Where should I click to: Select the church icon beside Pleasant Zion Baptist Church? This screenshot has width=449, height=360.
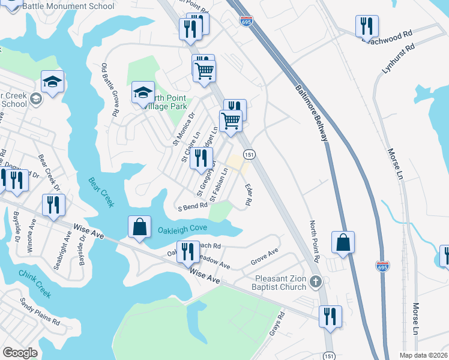(318, 281)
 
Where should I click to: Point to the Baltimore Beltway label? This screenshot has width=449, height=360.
(311, 113)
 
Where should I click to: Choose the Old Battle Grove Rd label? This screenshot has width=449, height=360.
(109, 89)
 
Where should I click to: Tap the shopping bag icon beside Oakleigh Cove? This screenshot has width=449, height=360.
(139, 227)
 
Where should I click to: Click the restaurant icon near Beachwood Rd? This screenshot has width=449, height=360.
(366, 26)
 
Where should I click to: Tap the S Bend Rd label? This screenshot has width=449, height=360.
(192, 206)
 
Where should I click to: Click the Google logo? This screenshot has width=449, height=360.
(20, 353)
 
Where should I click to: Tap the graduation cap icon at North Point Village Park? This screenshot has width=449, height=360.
(143, 92)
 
